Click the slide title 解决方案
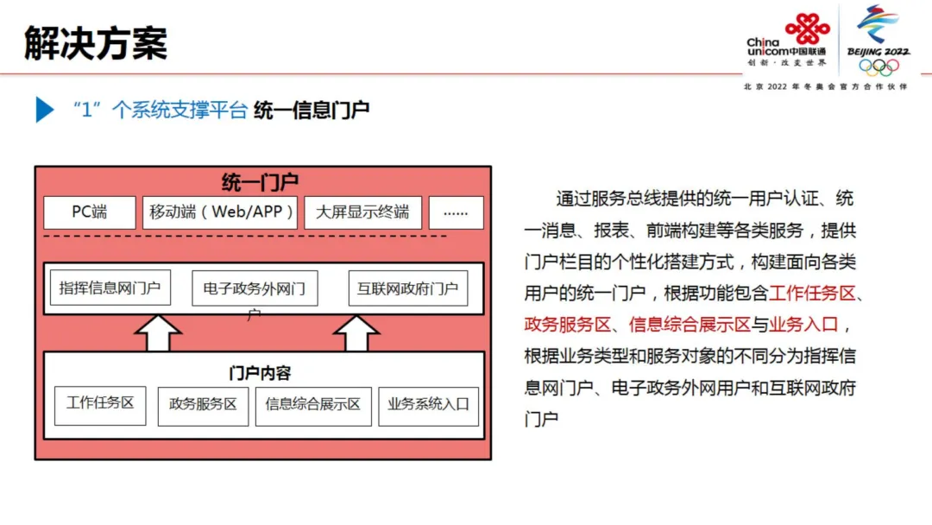point(96,42)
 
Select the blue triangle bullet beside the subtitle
point(45,110)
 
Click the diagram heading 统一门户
point(260,182)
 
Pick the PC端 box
point(90,212)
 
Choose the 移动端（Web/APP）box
point(222,212)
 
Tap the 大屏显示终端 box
point(362,212)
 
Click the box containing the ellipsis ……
point(456,212)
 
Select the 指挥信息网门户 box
point(110,288)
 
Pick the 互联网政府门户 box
point(407,288)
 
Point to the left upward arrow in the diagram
point(158,333)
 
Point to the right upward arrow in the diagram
point(356,333)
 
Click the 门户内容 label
point(260,373)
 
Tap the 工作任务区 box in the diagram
point(100,404)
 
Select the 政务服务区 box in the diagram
point(203,405)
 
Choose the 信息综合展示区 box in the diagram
point(312,405)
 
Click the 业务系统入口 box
point(428,405)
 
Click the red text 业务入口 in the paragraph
point(803,324)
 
